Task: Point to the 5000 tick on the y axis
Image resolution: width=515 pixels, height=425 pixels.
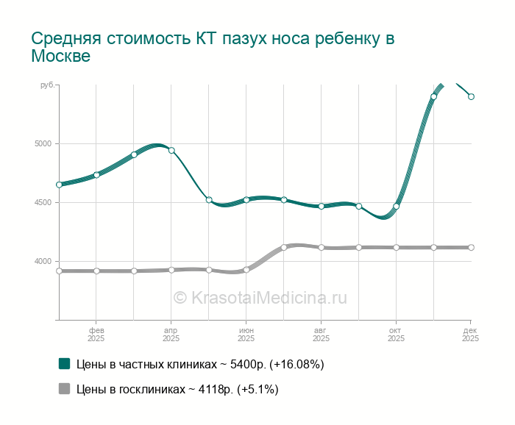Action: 45,143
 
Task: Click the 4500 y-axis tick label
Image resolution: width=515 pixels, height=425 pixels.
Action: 45,202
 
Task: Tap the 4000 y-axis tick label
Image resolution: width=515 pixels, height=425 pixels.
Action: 45,261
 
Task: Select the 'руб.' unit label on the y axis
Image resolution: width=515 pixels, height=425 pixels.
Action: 47,86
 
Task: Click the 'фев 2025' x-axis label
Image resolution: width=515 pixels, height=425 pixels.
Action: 96,335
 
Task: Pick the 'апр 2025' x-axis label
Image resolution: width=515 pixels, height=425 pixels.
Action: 171,335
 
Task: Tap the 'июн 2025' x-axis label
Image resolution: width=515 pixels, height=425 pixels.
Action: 246,335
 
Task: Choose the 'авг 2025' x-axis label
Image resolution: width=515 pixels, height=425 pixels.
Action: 321,335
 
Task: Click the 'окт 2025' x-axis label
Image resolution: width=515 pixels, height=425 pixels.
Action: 396,335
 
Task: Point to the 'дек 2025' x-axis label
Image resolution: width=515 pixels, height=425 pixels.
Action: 470,335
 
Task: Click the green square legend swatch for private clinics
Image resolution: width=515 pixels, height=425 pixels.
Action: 64,363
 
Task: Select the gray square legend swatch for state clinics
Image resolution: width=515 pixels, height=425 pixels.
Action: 64,389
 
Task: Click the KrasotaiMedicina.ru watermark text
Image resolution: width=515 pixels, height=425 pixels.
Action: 260,297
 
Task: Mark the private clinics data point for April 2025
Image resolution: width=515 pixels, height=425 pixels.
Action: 171,150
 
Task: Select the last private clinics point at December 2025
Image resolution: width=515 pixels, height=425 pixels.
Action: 471,96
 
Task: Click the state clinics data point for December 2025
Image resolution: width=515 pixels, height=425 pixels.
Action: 471,247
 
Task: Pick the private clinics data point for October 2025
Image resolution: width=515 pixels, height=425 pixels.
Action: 396,207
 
